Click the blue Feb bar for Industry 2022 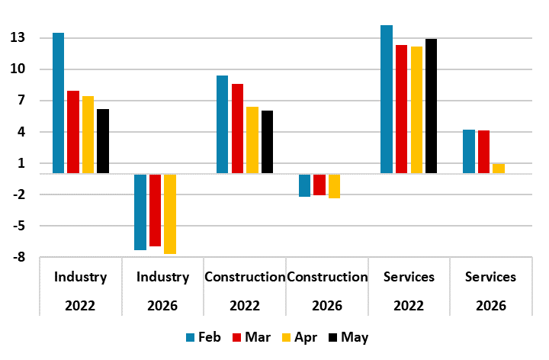tap(58, 103)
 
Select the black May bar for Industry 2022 tap(103, 141)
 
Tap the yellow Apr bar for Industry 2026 tap(170, 214)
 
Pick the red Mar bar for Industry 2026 tap(155, 210)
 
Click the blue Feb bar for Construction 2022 tap(222, 124)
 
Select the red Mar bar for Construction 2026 tap(319, 185)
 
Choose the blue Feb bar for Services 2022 tap(387, 99)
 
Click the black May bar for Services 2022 tap(432, 106)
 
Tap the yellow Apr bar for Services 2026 tap(499, 169)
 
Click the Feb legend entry tap(204, 337)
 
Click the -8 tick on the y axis tap(18, 258)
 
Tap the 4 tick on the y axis tap(21, 132)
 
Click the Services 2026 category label tap(490, 291)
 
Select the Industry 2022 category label tap(80, 291)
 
